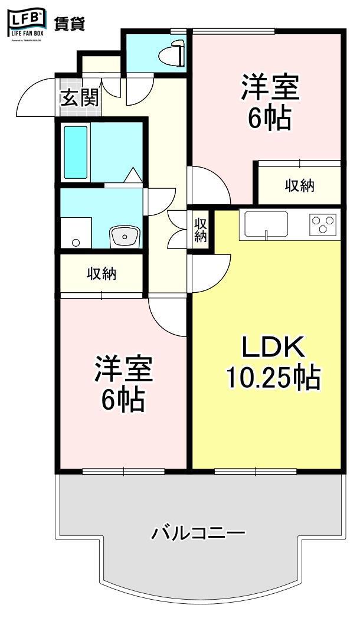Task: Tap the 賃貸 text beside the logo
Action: [x=70, y=24]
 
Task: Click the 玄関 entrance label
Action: [x=79, y=97]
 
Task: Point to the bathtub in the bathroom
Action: [x=76, y=152]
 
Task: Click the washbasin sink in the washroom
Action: [x=124, y=237]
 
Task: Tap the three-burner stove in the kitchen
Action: [x=323, y=224]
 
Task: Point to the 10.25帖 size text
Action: [x=272, y=377]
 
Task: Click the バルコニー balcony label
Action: [x=198, y=534]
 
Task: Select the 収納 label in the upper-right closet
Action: [x=300, y=185]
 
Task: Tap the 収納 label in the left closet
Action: [x=102, y=273]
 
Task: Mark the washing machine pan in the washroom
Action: [x=76, y=234]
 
